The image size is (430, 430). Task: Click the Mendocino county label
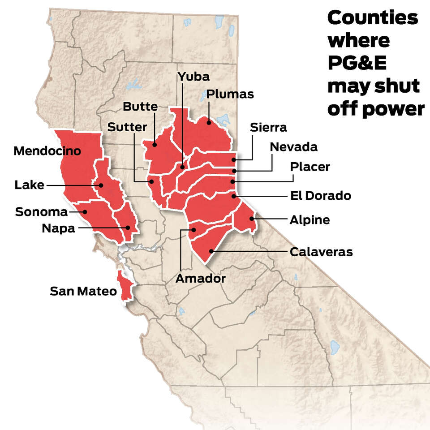click(47, 150)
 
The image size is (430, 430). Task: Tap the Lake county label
click(29, 185)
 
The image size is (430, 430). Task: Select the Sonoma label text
click(41, 211)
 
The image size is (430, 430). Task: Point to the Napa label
click(58, 228)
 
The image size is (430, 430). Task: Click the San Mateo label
click(83, 292)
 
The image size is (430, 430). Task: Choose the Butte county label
click(140, 107)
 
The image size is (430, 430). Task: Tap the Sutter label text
click(127, 127)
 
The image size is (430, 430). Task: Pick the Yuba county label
click(193, 76)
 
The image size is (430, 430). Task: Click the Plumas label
click(230, 94)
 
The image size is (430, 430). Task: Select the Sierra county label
click(269, 127)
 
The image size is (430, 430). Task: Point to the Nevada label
click(293, 146)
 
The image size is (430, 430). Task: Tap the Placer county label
click(310, 167)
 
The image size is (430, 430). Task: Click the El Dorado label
click(321, 196)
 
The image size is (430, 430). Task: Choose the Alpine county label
click(310, 220)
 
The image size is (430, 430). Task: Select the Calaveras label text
click(321, 252)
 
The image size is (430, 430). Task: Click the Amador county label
click(200, 278)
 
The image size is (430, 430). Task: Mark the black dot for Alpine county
click(252, 219)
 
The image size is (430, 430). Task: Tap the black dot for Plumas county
click(209, 122)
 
